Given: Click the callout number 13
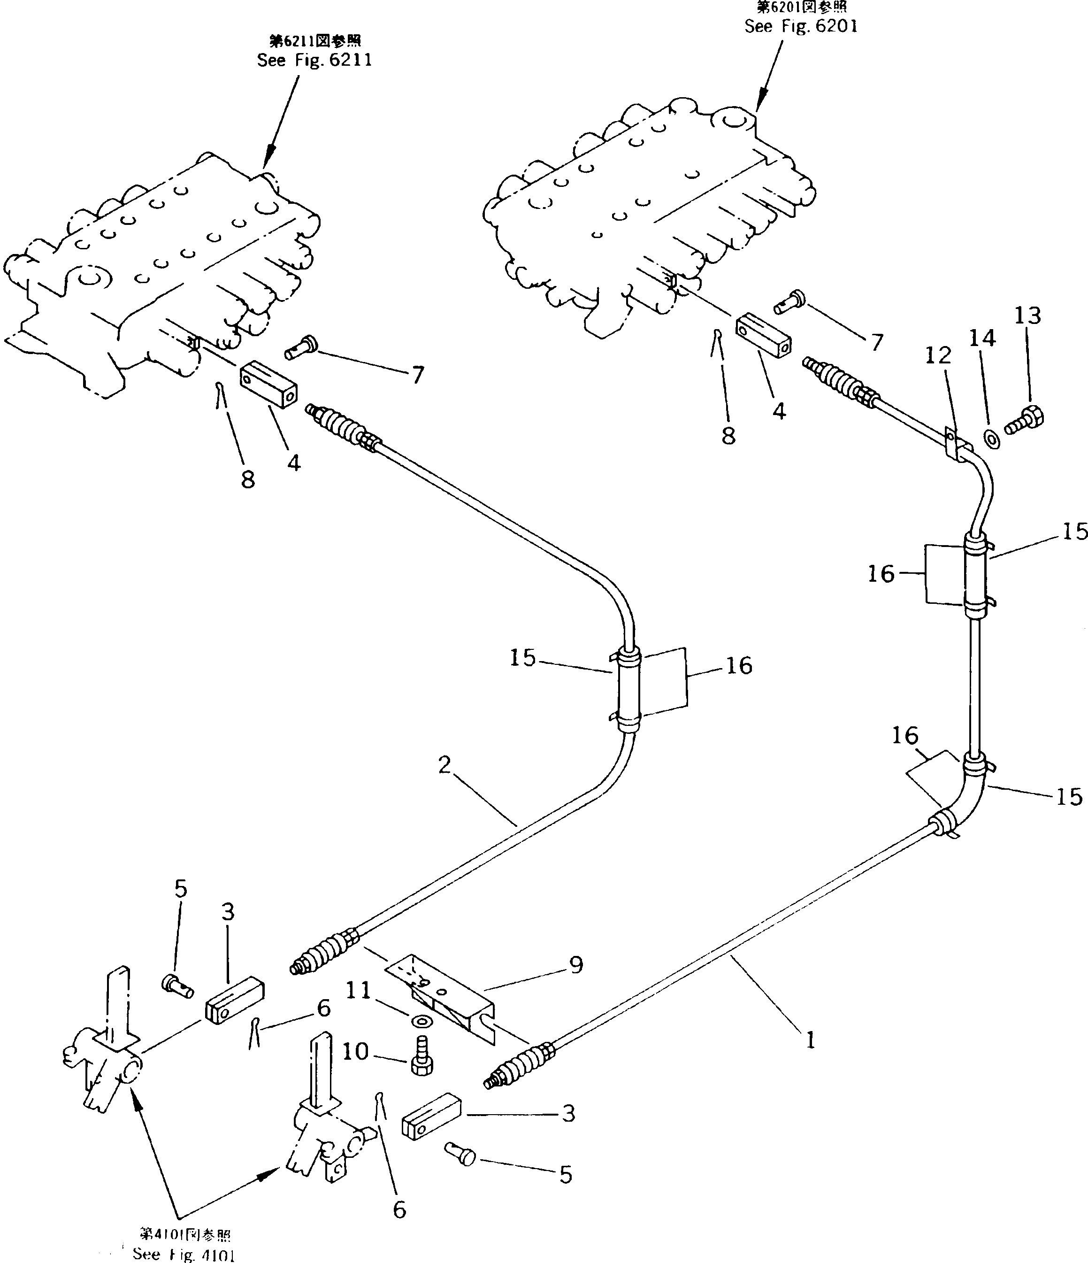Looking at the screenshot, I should (x=1027, y=316).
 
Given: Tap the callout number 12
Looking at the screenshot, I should (x=938, y=355).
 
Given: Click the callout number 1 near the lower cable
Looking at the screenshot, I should (x=810, y=1040).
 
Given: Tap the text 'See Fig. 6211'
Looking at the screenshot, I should (x=314, y=61).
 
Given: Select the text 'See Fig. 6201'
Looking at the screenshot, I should (x=801, y=26).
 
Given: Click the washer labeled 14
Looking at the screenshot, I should (x=992, y=438).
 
